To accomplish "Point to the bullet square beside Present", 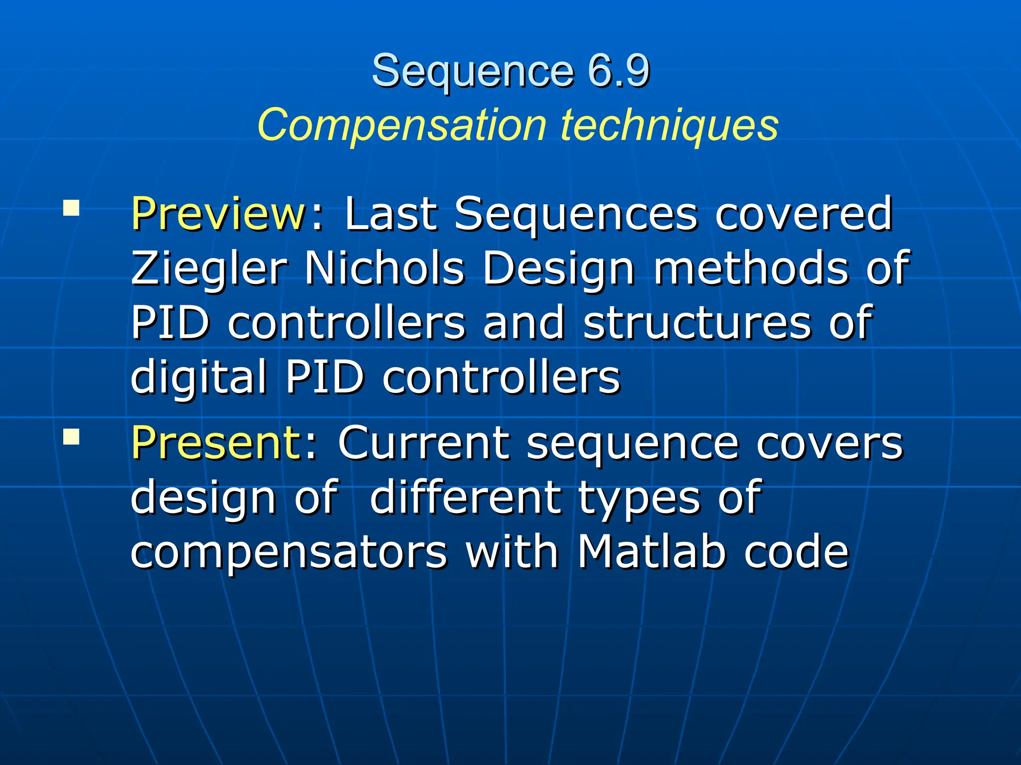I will (x=71, y=437).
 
